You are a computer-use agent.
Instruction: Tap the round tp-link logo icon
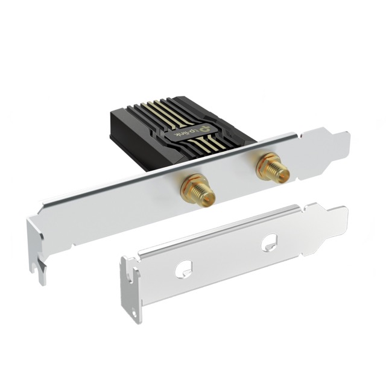point(206,127)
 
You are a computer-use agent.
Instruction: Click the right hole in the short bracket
point(268,243)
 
